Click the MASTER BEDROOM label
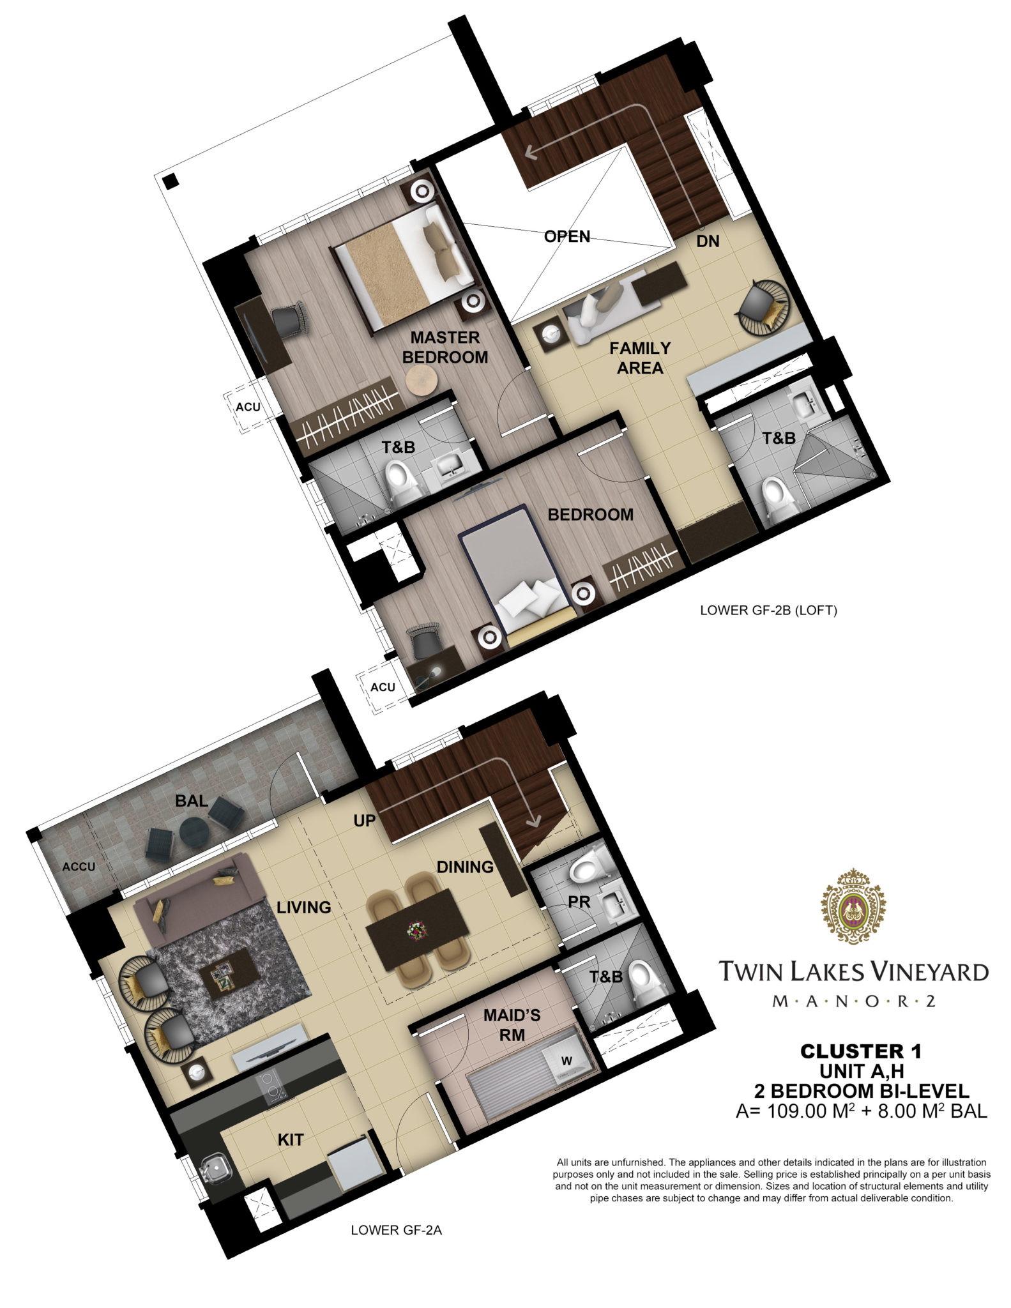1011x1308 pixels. [445, 347]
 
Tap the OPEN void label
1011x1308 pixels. [567, 236]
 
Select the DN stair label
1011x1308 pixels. [708, 241]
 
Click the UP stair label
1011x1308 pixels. [364, 820]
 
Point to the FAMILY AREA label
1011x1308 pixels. [640, 358]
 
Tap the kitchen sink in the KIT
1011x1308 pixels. [215, 1168]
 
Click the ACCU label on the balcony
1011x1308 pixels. [79, 867]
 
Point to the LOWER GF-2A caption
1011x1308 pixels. [397, 1230]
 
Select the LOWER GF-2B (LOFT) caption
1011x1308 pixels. [768, 610]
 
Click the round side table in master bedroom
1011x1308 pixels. [421, 382]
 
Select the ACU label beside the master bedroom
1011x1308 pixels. [248, 407]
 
